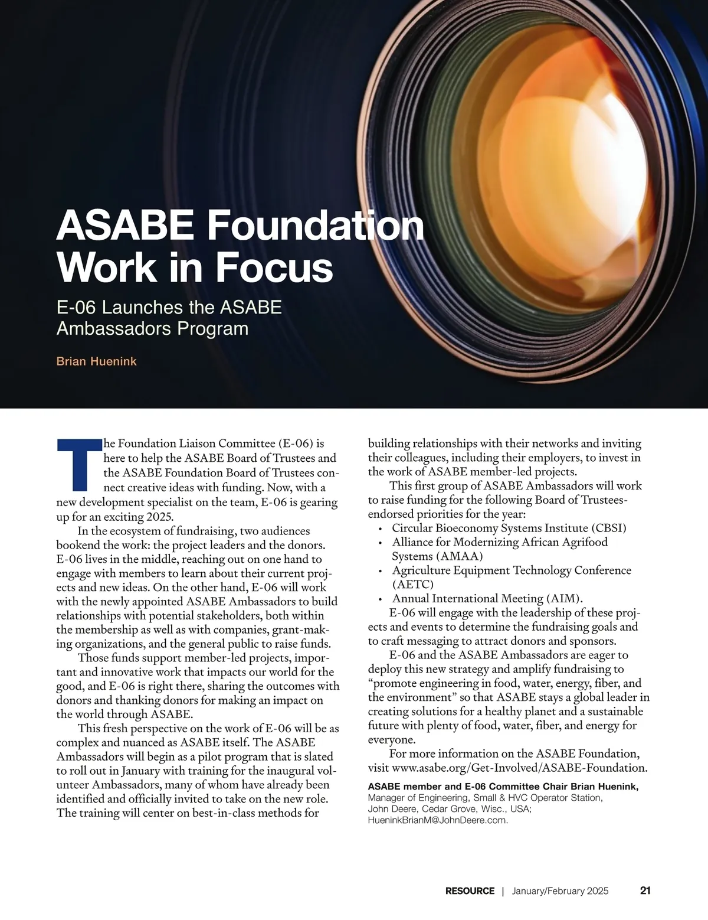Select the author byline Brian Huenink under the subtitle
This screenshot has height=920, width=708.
coord(96,361)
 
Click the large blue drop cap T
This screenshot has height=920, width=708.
coord(79,465)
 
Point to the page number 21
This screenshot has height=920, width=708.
coord(645,890)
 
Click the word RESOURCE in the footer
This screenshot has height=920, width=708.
coord(470,890)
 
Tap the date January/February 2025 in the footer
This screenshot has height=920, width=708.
coord(560,890)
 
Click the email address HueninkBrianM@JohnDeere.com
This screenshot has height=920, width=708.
coord(438,821)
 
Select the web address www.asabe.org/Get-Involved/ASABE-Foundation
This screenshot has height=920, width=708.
coord(520,768)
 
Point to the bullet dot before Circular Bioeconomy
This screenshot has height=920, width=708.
coord(381,528)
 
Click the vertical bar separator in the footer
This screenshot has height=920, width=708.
coord(503,890)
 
